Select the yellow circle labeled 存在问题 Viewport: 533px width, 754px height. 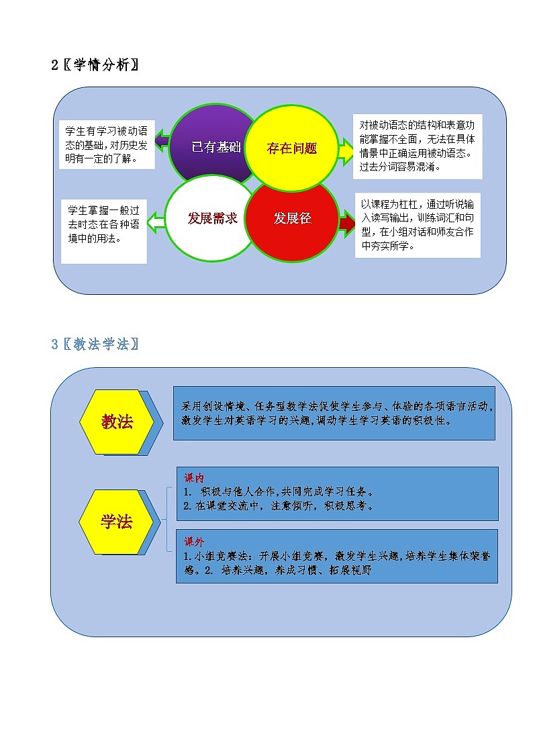291,148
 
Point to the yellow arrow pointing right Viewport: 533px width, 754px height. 346,150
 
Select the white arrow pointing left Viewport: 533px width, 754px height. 156,219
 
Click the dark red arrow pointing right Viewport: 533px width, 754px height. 347,220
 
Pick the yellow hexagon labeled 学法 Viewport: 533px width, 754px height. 117,522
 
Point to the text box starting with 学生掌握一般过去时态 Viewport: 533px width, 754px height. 104,230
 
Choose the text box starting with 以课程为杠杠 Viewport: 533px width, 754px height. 418,224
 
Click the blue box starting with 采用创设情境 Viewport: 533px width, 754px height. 334,413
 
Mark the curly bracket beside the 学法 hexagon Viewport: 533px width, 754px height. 168,520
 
